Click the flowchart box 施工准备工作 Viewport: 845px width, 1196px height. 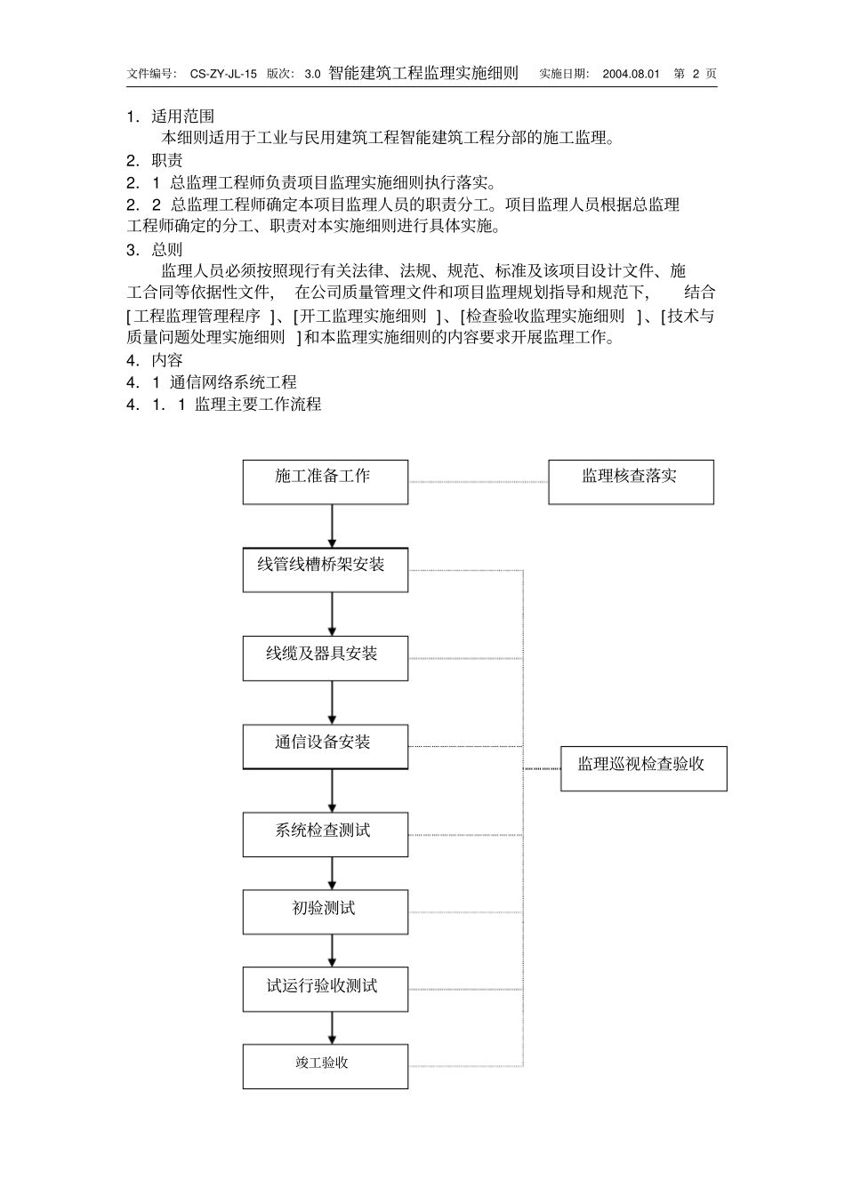pyautogui.click(x=326, y=482)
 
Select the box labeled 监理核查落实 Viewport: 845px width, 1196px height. pyautogui.click(x=631, y=482)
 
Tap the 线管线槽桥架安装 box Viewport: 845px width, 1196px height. pyautogui.click(x=326, y=570)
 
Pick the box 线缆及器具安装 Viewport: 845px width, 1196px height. pyautogui.click(x=326, y=658)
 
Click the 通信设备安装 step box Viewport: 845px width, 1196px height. pyautogui.click(x=326, y=747)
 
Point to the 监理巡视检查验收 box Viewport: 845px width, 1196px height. pyautogui.click(x=643, y=768)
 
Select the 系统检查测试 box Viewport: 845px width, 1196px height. pyautogui.click(x=326, y=835)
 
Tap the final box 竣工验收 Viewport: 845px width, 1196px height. pyautogui.click(x=326, y=1066)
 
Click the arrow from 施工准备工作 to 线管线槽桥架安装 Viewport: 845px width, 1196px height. pyautogui.click(x=333, y=526)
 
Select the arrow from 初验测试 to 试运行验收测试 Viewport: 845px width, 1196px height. pyautogui.click(x=333, y=951)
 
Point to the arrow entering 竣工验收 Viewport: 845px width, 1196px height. pyautogui.click(x=333, y=1028)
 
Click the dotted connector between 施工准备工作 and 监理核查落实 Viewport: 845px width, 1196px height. pyautogui.click(x=478, y=482)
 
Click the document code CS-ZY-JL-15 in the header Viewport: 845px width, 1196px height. pyautogui.click(x=223, y=74)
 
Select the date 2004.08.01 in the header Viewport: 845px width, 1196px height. pyautogui.click(x=631, y=74)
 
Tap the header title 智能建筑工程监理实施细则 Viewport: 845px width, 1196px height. pyautogui.click(x=423, y=73)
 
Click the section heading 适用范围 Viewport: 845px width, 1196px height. pyautogui.click(x=183, y=116)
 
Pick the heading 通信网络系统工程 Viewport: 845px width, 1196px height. pyautogui.click(x=233, y=382)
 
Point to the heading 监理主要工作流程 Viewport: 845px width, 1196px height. pyautogui.click(x=258, y=405)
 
